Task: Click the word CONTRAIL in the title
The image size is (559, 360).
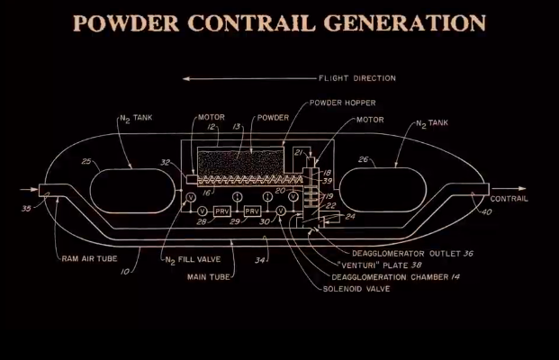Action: click(x=252, y=23)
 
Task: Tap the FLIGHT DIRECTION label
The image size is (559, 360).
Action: click(x=357, y=78)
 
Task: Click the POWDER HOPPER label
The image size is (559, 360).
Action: click(x=343, y=103)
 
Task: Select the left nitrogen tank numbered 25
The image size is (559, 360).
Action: click(x=132, y=191)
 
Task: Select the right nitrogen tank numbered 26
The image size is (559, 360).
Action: click(x=383, y=190)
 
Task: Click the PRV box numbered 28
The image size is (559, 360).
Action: click(x=222, y=211)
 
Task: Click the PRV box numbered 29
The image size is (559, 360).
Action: click(x=252, y=211)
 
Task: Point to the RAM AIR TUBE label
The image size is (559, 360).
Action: click(x=89, y=259)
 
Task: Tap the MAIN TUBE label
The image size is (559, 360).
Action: click(x=209, y=277)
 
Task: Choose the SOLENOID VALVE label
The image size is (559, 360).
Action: click(x=356, y=289)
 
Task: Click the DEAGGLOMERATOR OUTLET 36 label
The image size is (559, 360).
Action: click(x=412, y=254)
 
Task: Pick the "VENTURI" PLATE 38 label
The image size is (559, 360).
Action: click(x=379, y=265)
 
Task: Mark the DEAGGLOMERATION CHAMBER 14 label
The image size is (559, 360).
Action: click(x=395, y=277)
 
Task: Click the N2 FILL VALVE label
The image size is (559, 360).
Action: click(x=193, y=260)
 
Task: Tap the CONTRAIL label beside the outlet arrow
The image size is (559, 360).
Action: click(x=509, y=199)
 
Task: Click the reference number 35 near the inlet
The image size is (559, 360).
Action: click(x=26, y=209)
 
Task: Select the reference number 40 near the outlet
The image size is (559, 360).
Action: click(x=487, y=212)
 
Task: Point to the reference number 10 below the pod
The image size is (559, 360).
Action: click(x=125, y=272)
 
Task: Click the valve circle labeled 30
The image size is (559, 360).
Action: click(x=281, y=211)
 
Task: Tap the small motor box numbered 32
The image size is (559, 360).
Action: click(x=192, y=179)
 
